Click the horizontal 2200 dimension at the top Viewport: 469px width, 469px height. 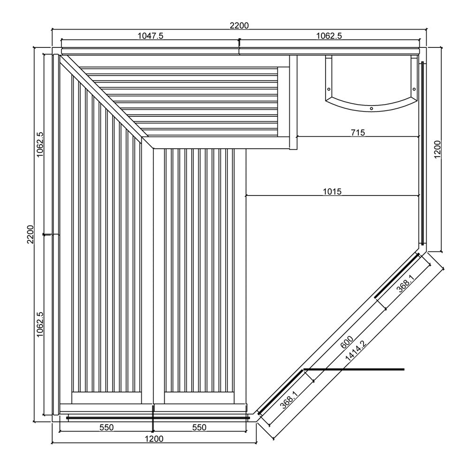(x=239, y=25)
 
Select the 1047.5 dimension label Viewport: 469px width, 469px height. (x=151, y=36)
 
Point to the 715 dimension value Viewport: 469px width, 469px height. (x=358, y=132)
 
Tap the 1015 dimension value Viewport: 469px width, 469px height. (x=332, y=191)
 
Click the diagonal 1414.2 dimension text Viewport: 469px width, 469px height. (x=356, y=351)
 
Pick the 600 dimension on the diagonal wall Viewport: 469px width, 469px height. (x=347, y=342)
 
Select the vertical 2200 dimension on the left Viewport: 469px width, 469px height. (x=31, y=234)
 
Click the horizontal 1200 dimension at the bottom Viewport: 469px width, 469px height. (x=154, y=439)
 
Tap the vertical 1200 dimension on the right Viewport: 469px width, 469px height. (x=437, y=149)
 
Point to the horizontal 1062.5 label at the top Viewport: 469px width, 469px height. (x=329, y=36)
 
